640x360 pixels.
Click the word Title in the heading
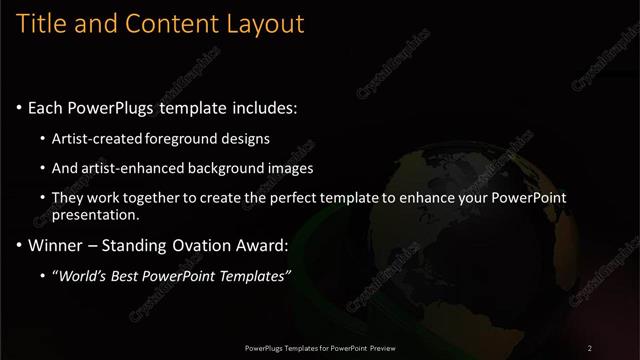pos(42,23)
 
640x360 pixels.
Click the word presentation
pos(98,214)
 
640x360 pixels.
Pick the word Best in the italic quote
pos(130,275)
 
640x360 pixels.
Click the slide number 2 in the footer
pos(590,348)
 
